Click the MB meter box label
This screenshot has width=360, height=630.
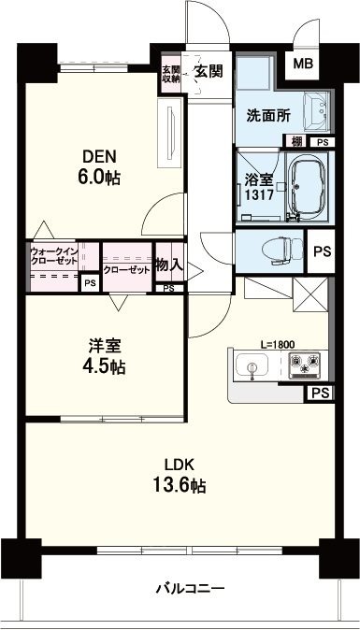[x=303, y=64]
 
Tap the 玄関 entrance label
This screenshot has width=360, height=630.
[x=209, y=71]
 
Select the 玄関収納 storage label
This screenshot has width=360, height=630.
[x=170, y=73]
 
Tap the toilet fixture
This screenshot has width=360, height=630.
[x=282, y=251]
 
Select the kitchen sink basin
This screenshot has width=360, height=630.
[x=252, y=365]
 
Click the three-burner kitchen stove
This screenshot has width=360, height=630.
[x=305, y=365]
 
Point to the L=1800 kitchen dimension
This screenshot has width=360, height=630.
[x=278, y=344]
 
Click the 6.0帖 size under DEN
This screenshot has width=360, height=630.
[x=99, y=177]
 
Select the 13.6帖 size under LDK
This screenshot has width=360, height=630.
[x=180, y=485]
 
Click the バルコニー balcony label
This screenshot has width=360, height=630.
[x=190, y=590]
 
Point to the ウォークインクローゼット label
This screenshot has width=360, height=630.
[x=54, y=256]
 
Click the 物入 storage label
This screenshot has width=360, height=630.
[x=170, y=265]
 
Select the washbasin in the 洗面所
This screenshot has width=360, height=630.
[x=317, y=111]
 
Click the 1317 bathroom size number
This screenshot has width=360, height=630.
[x=260, y=195]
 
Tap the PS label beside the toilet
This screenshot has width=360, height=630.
[x=323, y=251]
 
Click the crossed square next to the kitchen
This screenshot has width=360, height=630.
[x=310, y=294]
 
